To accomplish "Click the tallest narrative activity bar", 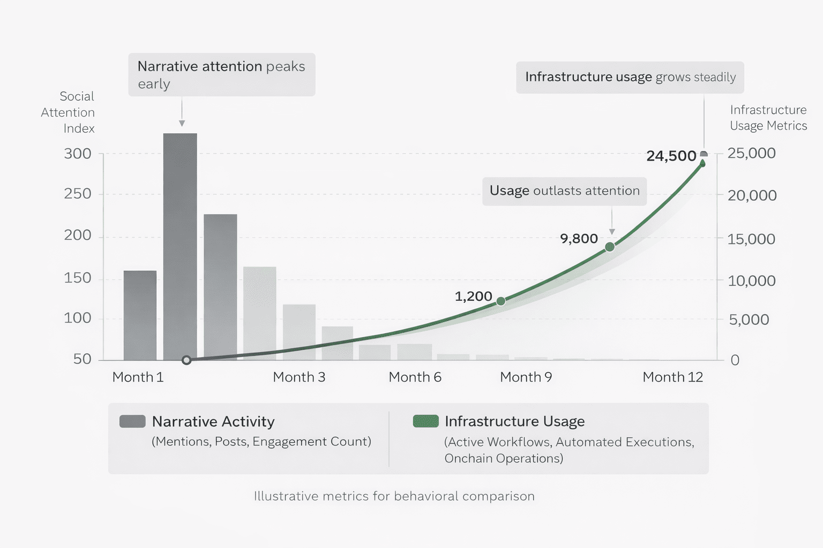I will (x=180, y=246).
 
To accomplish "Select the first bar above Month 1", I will (x=140, y=315).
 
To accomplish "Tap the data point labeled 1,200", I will (x=501, y=301).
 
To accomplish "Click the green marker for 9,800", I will (x=610, y=247).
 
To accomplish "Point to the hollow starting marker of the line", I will (x=186, y=360).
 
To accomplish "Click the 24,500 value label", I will (x=671, y=156).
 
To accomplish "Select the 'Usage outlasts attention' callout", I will (x=564, y=191).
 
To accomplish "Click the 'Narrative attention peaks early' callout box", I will (x=221, y=74).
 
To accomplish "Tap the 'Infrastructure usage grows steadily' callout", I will (x=630, y=77).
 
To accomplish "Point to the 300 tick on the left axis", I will (x=78, y=154).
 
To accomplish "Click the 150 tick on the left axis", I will (x=78, y=278).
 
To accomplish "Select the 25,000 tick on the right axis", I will (x=751, y=154).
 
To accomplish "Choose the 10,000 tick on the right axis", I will (x=751, y=281).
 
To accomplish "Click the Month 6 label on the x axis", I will (x=415, y=377).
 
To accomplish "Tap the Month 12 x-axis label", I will (x=672, y=377).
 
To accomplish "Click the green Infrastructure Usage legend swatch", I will (x=426, y=421).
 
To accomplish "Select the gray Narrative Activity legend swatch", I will (x=132, y=421).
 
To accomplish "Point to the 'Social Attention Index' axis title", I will (x=69, y=112).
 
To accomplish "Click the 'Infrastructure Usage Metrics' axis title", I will (x=768, y=118).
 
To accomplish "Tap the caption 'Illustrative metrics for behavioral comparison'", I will (x=394, y=496).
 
